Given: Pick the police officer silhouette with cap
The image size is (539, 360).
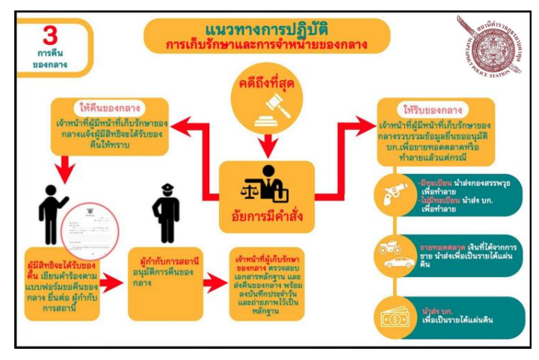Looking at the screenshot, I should (166, 203).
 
